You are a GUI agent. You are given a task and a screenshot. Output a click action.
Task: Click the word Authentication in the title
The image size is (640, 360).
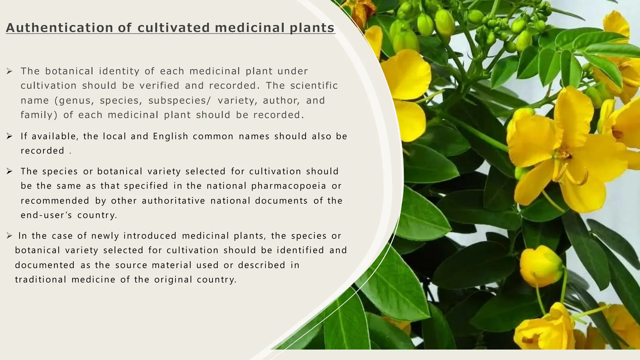pyautogui.click(x=60, y=28)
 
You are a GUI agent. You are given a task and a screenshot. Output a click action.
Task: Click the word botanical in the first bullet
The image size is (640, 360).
pyautogui.click(x=69, y=71)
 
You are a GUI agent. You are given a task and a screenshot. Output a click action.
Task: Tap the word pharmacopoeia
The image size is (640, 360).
pyautogui.click(x=289, y=186)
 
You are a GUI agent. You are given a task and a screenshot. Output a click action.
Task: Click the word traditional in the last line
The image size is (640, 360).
pyautogui.click(x=41, y=279)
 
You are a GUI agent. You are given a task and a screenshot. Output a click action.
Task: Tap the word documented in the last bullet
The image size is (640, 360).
pyautogui.click(x=45, y=265)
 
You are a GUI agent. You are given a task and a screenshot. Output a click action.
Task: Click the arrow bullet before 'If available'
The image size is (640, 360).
pyautogui.click(x=9, y=136)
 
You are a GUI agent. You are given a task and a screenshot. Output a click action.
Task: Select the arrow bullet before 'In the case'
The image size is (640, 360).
pyautogui.click(x=9, y=236)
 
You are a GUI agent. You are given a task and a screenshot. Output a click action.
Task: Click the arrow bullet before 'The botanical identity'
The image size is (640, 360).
pyautogui.click(x=9, y=71)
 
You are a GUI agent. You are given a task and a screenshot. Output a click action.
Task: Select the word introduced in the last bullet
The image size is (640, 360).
pyautogui.click(x=150, y=236)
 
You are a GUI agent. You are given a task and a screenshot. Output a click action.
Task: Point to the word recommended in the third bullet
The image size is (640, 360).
pyautogui.click(x=55, y=201)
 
